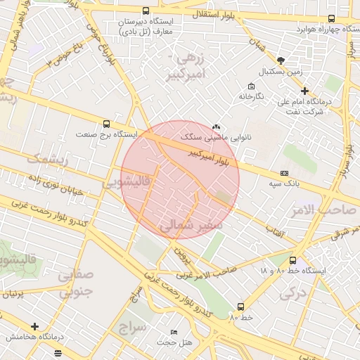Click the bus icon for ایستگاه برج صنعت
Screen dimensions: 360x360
tap(106, 123)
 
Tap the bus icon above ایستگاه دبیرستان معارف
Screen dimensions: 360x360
tap(146, 11)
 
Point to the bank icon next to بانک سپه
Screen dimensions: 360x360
tap(284, 173)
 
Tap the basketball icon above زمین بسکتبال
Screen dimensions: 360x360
tap(281, 60)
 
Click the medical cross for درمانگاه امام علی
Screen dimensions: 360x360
tap(304, 91)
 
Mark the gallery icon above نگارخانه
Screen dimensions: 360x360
tap(251, 85)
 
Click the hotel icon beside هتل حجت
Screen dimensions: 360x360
tap(174, 332)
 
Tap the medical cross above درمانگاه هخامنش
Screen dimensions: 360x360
tap(35, 326)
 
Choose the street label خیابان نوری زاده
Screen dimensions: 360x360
tap(55, 184)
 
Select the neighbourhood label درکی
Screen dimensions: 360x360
tap(290, 292)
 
